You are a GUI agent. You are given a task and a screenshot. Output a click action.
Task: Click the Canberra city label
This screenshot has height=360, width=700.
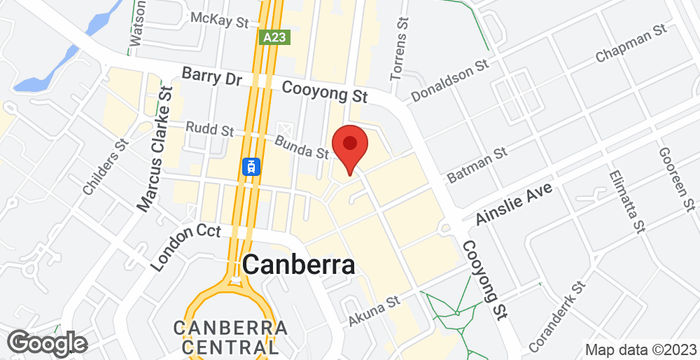pos(299,266)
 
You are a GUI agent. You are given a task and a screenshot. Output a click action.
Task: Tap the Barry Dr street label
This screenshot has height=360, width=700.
pos(212,77)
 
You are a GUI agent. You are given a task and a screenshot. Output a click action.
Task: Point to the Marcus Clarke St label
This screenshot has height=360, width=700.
pos(155,149)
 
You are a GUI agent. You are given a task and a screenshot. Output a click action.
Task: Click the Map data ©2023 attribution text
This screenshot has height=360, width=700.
pos(640,349)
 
